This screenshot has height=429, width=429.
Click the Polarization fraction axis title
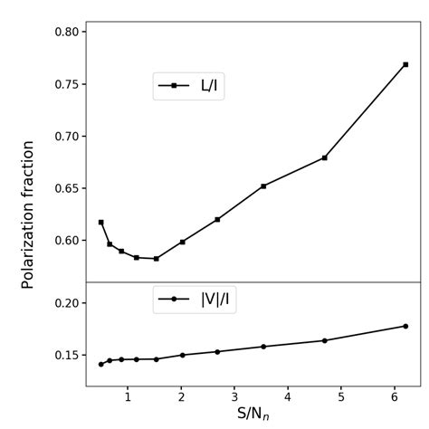(x=28, y=214)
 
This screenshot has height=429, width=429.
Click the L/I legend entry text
(x=208, y=86)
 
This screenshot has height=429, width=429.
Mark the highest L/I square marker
(x=405, y=64)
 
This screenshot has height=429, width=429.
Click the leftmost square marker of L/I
(x=101, y=222)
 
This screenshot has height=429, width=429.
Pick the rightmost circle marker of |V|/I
(x=405, y=326)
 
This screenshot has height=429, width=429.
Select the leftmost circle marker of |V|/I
(x=101, y=364)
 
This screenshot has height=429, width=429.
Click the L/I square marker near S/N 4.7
(x=324, y=157)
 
